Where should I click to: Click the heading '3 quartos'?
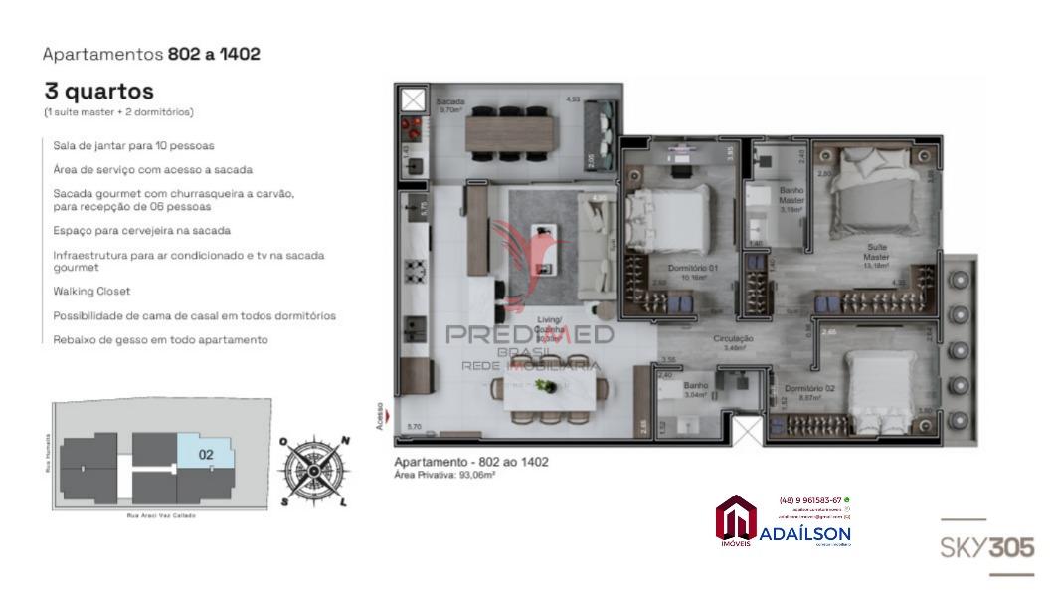(x=98, y=92)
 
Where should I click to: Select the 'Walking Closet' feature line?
(x=91, y=292)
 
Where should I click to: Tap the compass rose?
(x=313, y=470)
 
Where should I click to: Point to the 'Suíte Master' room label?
(x=875, y=252)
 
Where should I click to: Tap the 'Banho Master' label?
(x=791, y=195)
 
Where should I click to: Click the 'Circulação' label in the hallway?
(x=733, y=340)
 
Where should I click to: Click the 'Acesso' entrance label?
(x=379, y=417)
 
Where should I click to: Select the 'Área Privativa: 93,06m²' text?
(x=444, y=476)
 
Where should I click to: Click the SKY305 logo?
(x=986, y=548)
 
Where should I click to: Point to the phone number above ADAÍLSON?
(x=810, y=499)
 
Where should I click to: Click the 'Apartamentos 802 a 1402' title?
(x=151, y=54)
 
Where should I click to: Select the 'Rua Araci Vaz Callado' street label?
(x=161, y=515)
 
